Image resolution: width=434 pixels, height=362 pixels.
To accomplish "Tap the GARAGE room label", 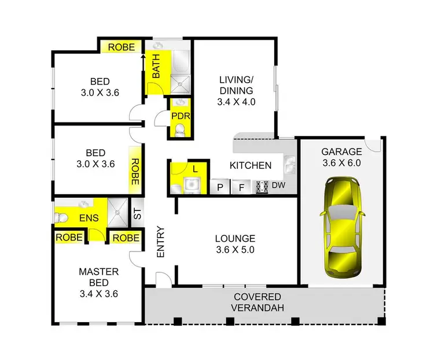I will click(x=341, y=152).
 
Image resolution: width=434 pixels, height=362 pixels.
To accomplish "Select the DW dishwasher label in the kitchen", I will click(x=278, y=186).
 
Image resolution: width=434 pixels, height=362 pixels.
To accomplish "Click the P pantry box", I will click(x=220, y=187).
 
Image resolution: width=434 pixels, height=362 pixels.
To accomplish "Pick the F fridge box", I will click(x=241, y=187).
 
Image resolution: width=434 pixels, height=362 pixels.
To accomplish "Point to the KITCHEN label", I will click(x=251, y=165).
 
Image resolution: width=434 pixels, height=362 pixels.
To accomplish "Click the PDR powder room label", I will click(x=178, y=116).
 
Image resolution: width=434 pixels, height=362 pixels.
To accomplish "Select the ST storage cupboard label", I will click(x=137, y=213).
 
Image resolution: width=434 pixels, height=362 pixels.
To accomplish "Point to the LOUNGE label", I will click(x=235, y=238).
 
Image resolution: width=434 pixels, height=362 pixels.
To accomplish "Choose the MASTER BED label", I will click(x=98, y=276).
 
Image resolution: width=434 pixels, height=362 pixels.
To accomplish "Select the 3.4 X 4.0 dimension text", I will click(x=236, y=102).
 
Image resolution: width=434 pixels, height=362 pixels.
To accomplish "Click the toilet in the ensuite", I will click(x=61, y=217).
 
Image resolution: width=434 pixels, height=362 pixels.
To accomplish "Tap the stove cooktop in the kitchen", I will click(x=262, y=186).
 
